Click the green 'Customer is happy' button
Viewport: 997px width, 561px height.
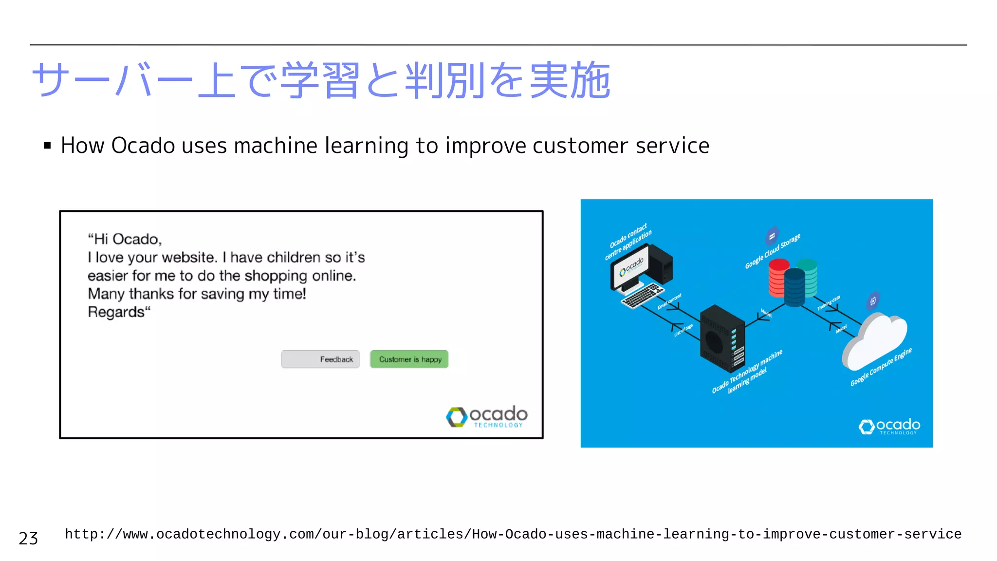(409, 359)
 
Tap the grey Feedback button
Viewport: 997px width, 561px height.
(320, 359)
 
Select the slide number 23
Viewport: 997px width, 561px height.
(28, 539)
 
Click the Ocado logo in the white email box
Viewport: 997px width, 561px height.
(486, 417)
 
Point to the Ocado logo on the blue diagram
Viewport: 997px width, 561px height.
(889, 427)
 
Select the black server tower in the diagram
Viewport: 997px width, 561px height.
(721, 338)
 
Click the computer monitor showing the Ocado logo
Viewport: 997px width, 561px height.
(631, 268)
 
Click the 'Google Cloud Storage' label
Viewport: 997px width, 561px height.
(773, 251)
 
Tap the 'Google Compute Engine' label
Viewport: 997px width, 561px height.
(881, 367)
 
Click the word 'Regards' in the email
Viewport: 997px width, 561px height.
(116, 312)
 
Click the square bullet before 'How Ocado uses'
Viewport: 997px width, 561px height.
(47, 146)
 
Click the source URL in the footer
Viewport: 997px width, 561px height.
(513, 534)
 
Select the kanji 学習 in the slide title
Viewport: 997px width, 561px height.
(320, 80)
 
